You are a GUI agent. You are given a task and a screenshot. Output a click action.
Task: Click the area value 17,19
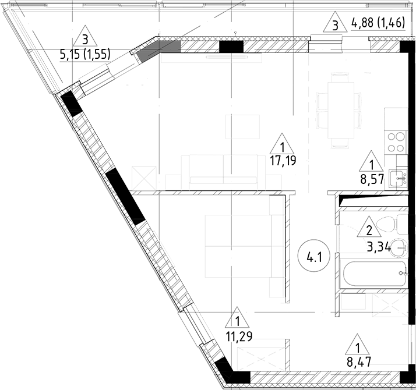pos(283,161)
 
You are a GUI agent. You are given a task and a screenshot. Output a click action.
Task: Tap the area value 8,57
pos(371,178)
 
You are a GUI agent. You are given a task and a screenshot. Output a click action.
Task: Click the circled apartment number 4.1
pos(313,255)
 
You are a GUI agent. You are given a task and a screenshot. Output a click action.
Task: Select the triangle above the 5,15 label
pos(86,38)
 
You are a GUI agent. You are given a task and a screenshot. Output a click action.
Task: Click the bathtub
pos(373,275)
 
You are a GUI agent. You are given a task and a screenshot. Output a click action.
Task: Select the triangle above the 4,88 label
pos(334,24)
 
